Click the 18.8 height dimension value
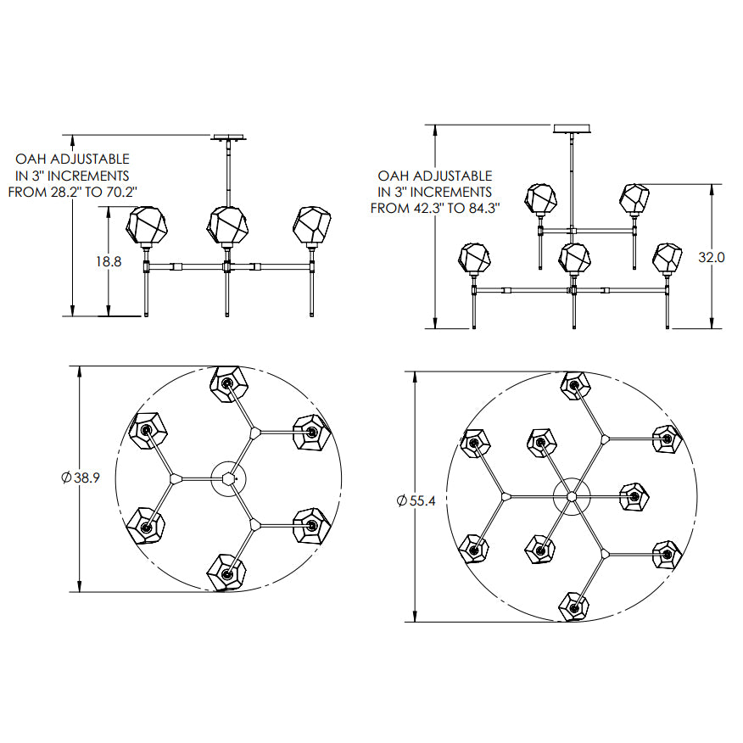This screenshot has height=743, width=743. click(x=109, y=261)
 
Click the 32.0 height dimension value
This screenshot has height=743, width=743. click(x=712, y=257)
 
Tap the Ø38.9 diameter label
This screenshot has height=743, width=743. click(x=81, y=478)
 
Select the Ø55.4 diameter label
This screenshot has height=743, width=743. click(x=416, y=500)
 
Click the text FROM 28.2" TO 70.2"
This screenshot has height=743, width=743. click(x=72, y=192)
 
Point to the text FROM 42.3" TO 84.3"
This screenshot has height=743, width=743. click(x=435, y=208)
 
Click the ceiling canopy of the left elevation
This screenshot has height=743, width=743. click(x=230, y=137)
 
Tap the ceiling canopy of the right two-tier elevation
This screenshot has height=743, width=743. click(x=572, y=128)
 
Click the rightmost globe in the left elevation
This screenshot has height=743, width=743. click(x=311, y=225)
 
